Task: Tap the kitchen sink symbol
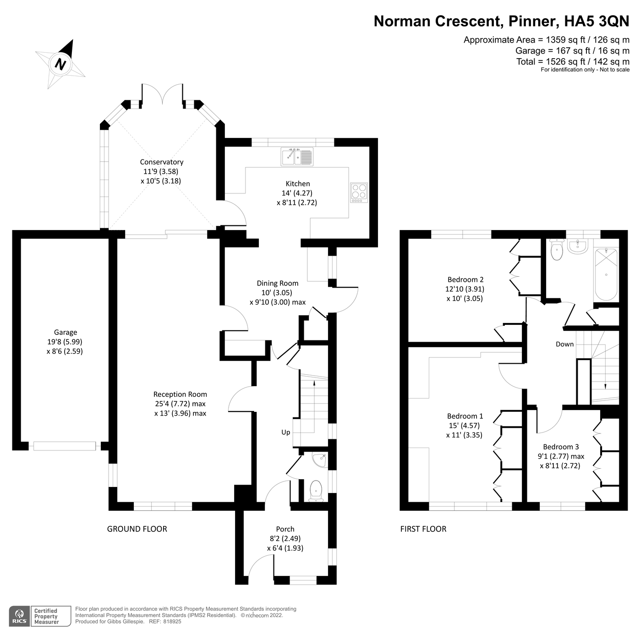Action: point(297,157)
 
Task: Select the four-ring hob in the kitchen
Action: point(359,192)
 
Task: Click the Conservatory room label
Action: point(161,162)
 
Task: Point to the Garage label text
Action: point(66,333)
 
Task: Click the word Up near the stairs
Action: point(286,432)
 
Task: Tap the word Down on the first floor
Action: point(564,344)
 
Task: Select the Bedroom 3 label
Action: point(561,447)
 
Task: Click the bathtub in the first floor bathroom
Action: point(606,274)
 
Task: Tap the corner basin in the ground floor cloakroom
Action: point(319,459)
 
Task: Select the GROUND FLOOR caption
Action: point(137,529)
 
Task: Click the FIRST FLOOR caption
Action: point(423,529)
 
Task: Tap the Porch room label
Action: point(285,529)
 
